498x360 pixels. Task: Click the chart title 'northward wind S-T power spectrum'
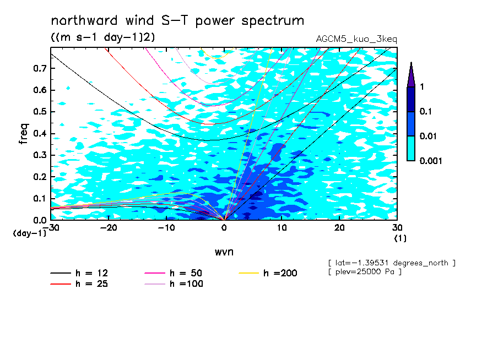coord(177,21)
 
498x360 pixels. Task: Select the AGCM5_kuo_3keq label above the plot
coord(356,39)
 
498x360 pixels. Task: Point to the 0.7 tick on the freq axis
coord(40,68)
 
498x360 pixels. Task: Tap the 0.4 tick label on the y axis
coord(40,133)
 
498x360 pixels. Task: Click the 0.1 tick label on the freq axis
coord(40,198)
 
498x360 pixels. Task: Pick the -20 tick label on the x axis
coord(109,228)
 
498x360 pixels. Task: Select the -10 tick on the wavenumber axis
coord(166,228)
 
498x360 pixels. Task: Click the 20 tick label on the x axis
coord(339,228)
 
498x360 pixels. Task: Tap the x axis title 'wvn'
coord(224,252)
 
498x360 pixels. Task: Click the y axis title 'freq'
coord(24,134)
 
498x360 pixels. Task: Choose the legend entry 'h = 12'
coord(79,273)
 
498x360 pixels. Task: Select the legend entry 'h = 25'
coord(79,283)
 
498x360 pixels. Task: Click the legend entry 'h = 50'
coord(174,273)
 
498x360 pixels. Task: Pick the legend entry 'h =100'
coord(174,283)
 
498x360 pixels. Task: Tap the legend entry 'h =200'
coord(268,273)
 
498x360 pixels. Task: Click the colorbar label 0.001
coord(431,161)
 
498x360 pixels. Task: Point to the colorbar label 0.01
coord(428,136)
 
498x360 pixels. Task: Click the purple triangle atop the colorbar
coord(412,75)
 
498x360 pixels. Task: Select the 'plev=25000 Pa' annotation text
coord(365,272)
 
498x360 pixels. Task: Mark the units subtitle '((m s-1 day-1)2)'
coord(103,37)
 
